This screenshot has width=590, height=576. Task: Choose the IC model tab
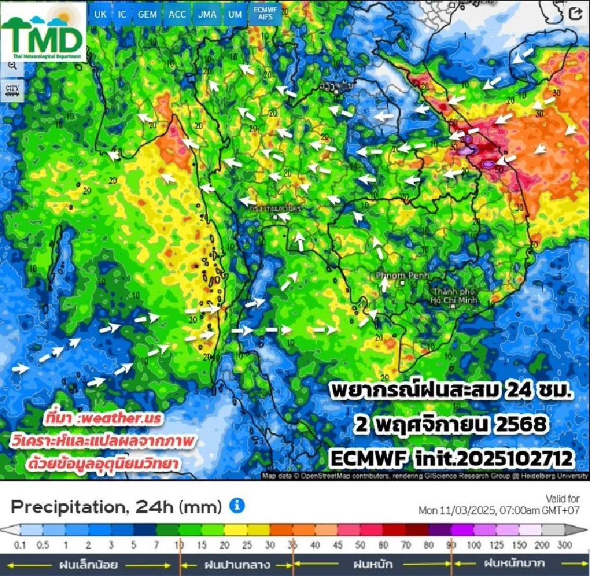(122, 14)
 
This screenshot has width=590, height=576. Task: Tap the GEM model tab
(147, 14)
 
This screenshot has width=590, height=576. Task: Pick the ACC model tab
(177, 14)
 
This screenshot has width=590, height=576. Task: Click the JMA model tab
(207, 14)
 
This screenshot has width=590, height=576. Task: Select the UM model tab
(234, 14)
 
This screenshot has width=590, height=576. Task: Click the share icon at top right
(575, 14)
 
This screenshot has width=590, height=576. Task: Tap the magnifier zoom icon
(12, 64)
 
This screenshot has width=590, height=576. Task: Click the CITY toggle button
(12, 89)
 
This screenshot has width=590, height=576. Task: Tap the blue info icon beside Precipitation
(237, 506)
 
